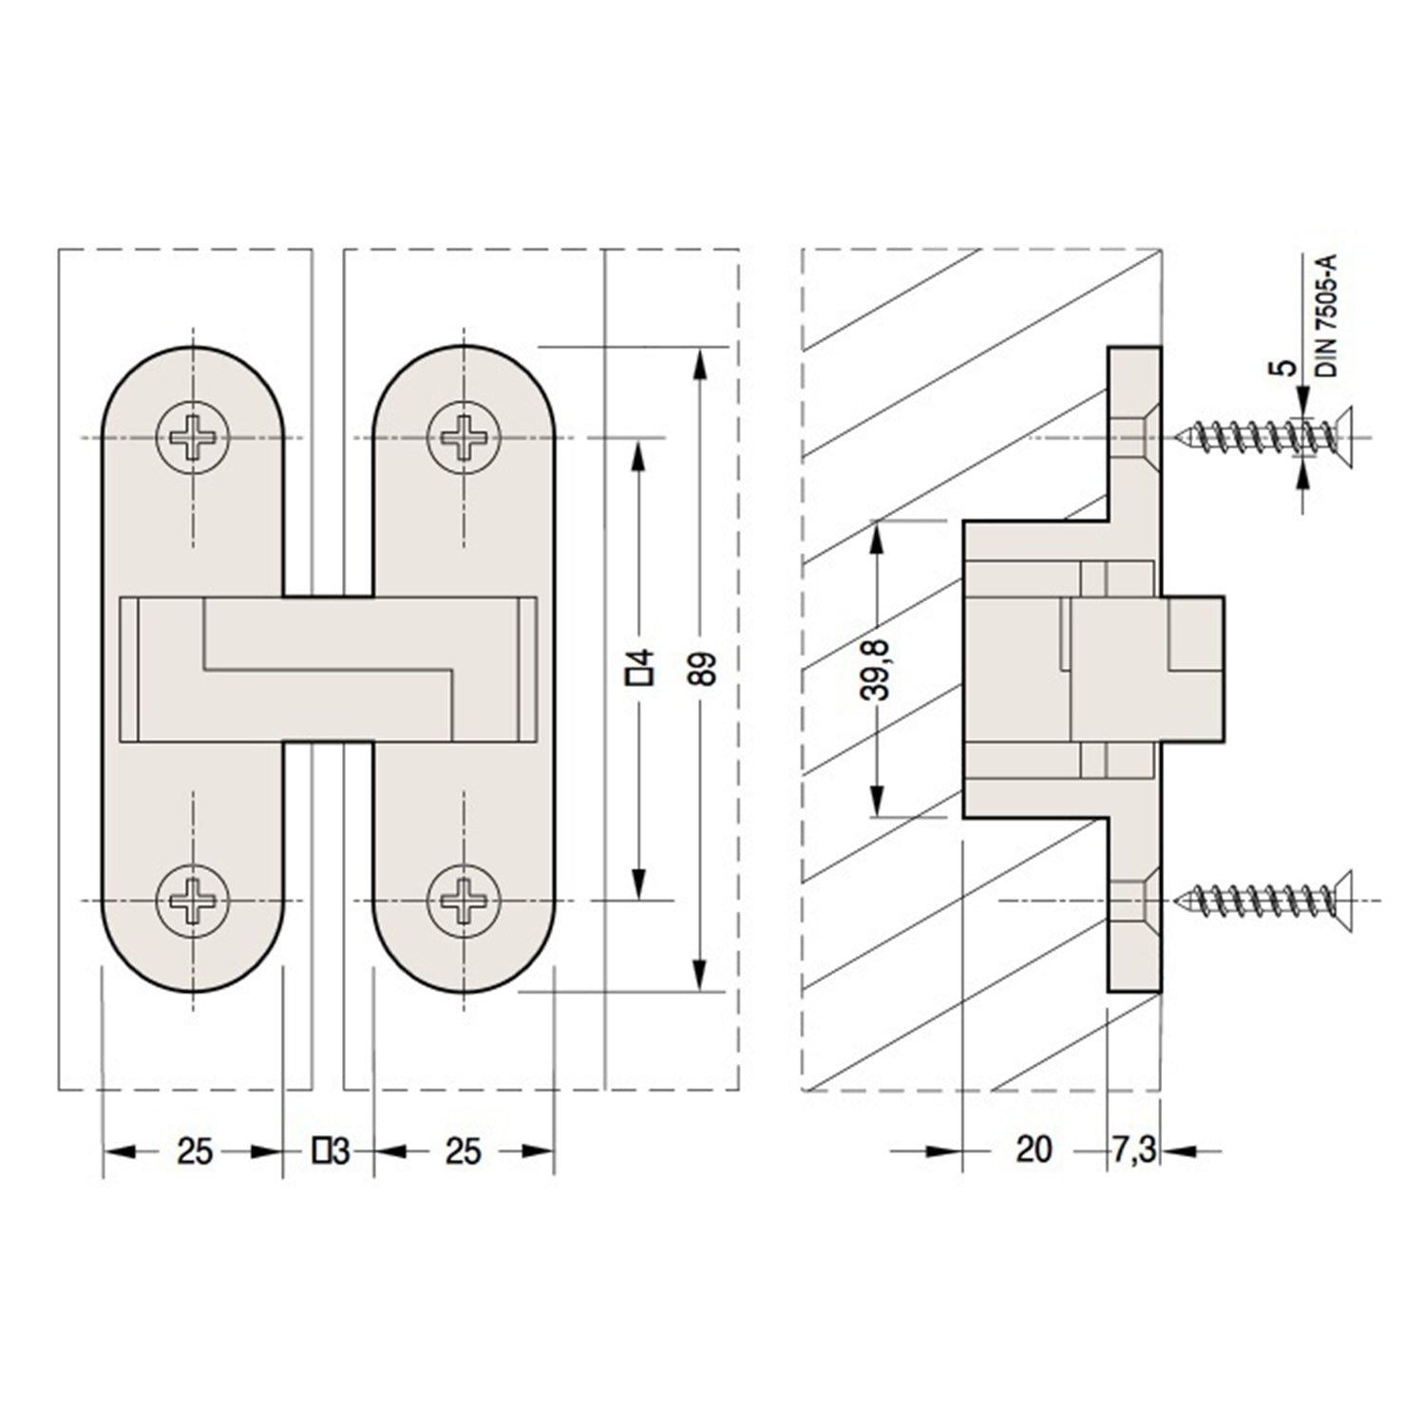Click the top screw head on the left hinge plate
(x=194, y=438)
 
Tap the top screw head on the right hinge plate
(x=464, y=438)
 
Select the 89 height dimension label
(x=704, y=669)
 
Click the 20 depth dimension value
(x=1034, y=1150)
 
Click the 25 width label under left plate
(x=194, y=1151)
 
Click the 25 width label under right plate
(x=464, y=1151)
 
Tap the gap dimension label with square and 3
(x=331, y=1151)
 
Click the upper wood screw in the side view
(x=1264, y=438)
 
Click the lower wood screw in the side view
(x=1264, y=899)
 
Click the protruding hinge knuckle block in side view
(x=1193, y=669)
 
